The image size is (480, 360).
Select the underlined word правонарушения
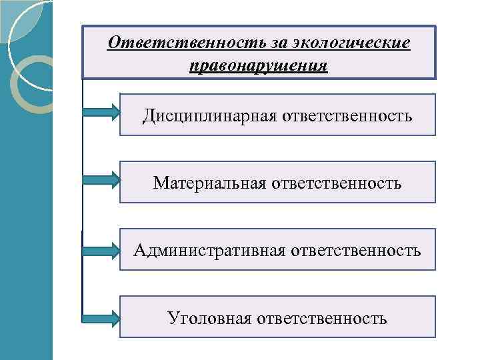point(258,67)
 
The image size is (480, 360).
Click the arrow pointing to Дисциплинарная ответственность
point(101,113)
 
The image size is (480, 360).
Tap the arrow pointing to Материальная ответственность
point(101,179)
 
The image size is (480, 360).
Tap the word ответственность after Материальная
point(337,183)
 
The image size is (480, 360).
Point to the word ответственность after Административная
point(354,251)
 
